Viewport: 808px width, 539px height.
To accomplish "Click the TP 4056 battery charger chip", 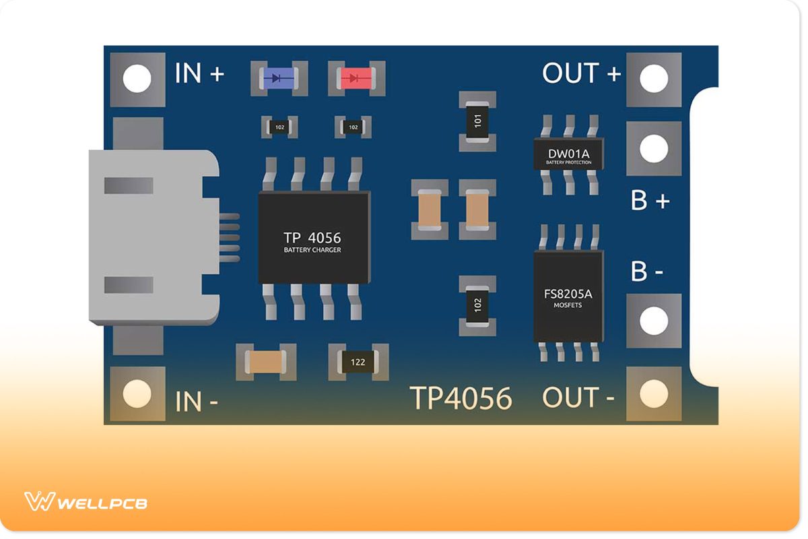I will pyautogui.click(x=313, y=237).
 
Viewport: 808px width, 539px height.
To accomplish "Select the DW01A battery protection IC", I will pyautogui.click(x=569, y=154).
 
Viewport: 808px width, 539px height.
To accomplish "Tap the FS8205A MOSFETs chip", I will pyautogui.click(x=568, y=297).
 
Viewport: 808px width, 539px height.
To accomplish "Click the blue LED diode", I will pyautogui.click(x=279, y=78).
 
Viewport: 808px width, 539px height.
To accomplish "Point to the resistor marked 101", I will pyautogui.click(x=477, y=122).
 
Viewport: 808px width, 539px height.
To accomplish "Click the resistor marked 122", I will pyautogui.click(x=358, y=362).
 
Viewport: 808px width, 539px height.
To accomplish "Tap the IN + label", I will pyautogui.click(x=199, y=73).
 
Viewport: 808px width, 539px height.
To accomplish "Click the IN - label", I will pyautogui.click(x=197, y=402).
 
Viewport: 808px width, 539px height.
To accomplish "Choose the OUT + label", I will pyautogui.click(x=581, y=73).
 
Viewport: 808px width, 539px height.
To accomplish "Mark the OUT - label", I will pyautogui.click(x=578, y=398).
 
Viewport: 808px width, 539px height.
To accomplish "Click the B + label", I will pyautogui.click(x=650, y=200).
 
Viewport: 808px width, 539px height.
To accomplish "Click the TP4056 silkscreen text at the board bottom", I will pyautogui.click(x=461, y=398).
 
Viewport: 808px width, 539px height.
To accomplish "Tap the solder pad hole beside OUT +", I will pyautogui.click(x=653, y=80).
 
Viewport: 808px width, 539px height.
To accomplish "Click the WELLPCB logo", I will pyautogui.click(x=86, y=502).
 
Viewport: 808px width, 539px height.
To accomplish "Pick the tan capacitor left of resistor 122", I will pyautogui.click(x=266, y=362).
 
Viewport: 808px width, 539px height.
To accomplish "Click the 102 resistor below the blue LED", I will pyautogui.click(x=279, y=127).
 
